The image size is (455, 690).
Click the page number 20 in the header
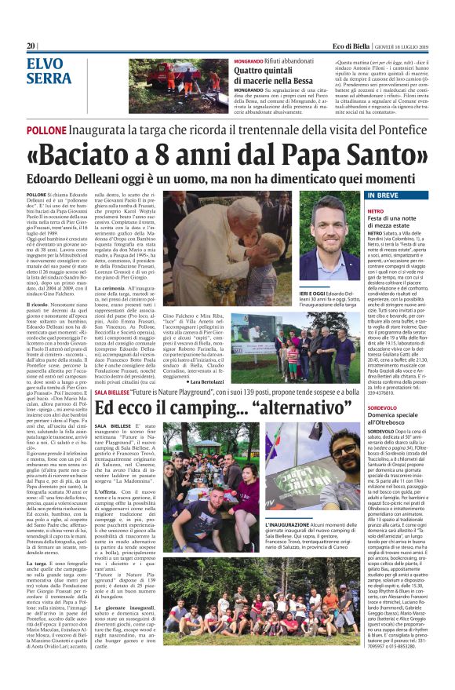coord(31,46)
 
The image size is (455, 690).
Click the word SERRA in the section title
coord(49,78)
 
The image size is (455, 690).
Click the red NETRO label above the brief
coord(375,211)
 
